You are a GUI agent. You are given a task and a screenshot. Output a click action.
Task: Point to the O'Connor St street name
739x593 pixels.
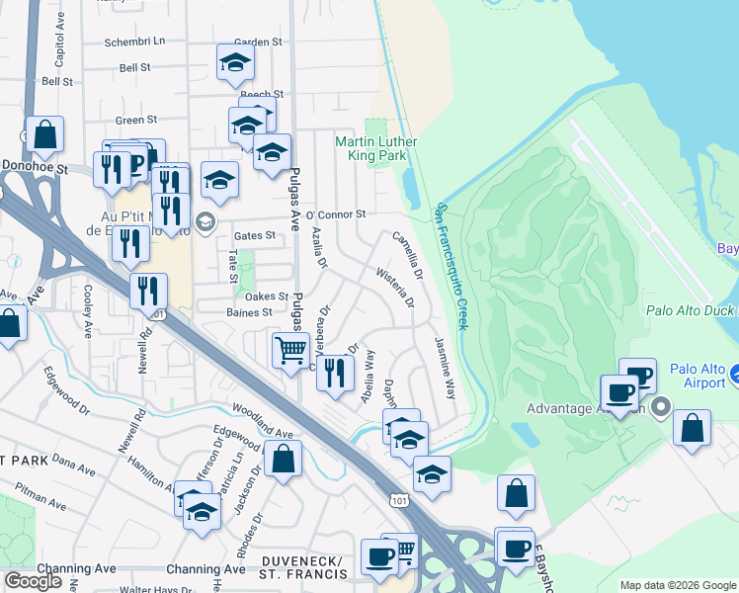(336, 213)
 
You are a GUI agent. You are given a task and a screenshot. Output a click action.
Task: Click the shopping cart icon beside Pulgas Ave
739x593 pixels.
(289, 350)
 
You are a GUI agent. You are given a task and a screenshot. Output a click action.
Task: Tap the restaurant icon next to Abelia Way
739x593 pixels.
(335, 373)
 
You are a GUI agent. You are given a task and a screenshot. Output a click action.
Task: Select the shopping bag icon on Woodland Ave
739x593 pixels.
(284, 459)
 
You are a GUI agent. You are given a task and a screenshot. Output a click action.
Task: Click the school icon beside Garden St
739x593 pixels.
(235, 63)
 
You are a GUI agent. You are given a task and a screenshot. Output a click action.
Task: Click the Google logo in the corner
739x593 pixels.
(33, 581)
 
